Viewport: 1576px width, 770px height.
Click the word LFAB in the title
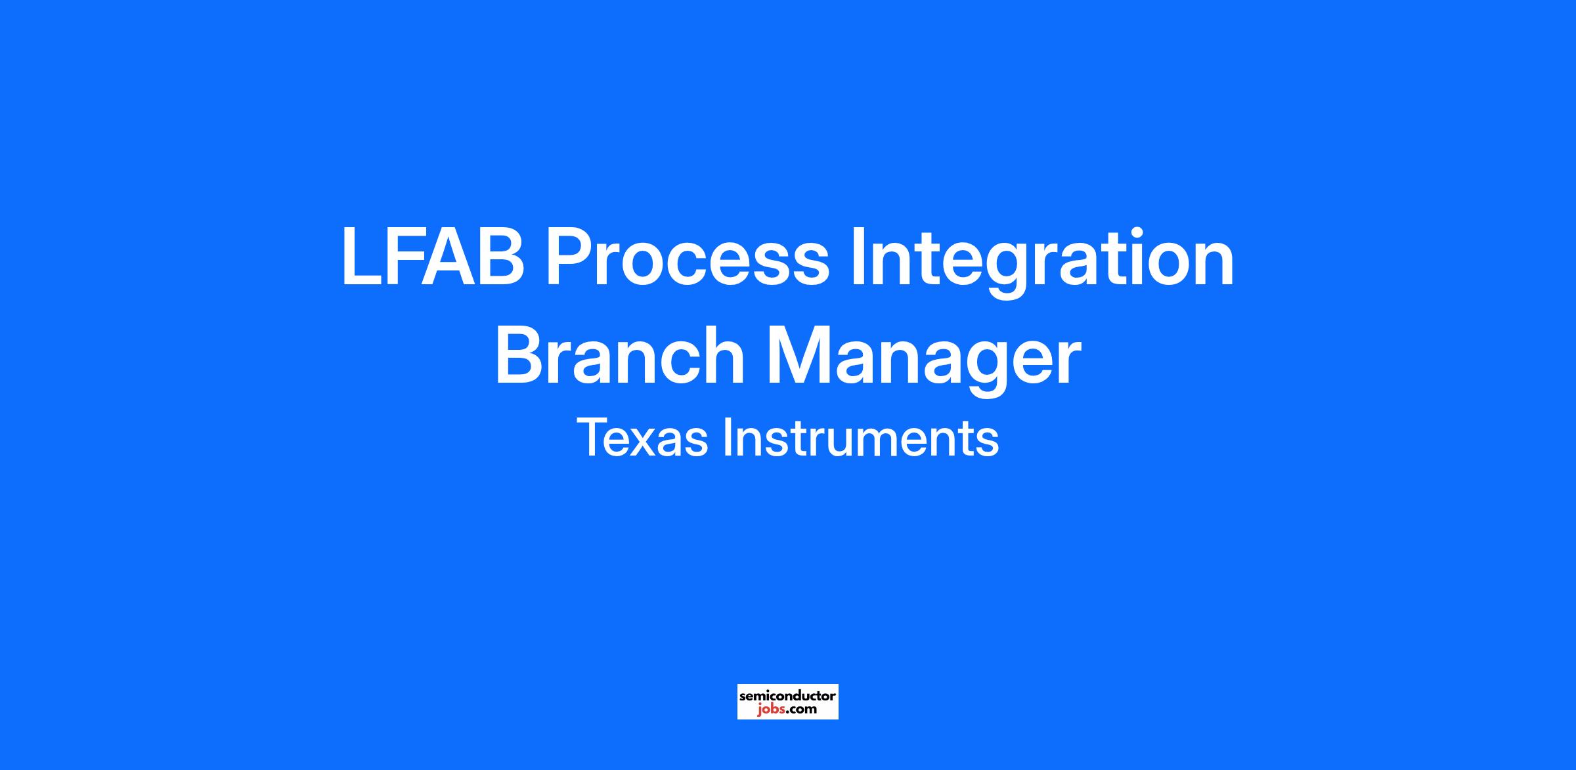[433, 257]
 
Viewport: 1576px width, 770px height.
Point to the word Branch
[619, 355]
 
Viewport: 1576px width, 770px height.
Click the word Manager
[923, 361]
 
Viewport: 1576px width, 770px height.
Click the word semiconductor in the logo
[787, 696]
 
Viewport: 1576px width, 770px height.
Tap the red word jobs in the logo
[771, 710]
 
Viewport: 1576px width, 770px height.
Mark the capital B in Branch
[521, 355]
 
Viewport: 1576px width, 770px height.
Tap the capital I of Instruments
[727, 438]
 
